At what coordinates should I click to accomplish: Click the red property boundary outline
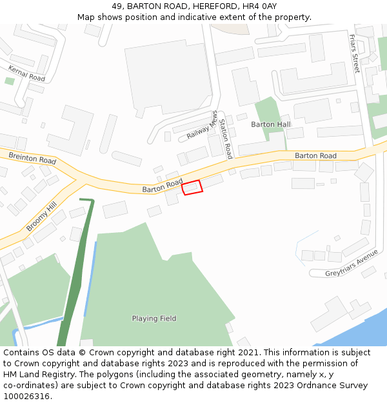click(192, 188)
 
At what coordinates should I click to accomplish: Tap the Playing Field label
click(154, 319)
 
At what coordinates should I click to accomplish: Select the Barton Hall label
click(271, 124)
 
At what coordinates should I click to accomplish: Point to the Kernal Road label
click(27, 74)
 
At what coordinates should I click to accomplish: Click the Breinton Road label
click(32, 157)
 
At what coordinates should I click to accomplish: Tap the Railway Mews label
click(203, 126)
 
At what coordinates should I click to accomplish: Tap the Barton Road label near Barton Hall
click(315, 156)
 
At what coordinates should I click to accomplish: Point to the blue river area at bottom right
click(361, 335)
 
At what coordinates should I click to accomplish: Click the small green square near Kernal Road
click(9, 81)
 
